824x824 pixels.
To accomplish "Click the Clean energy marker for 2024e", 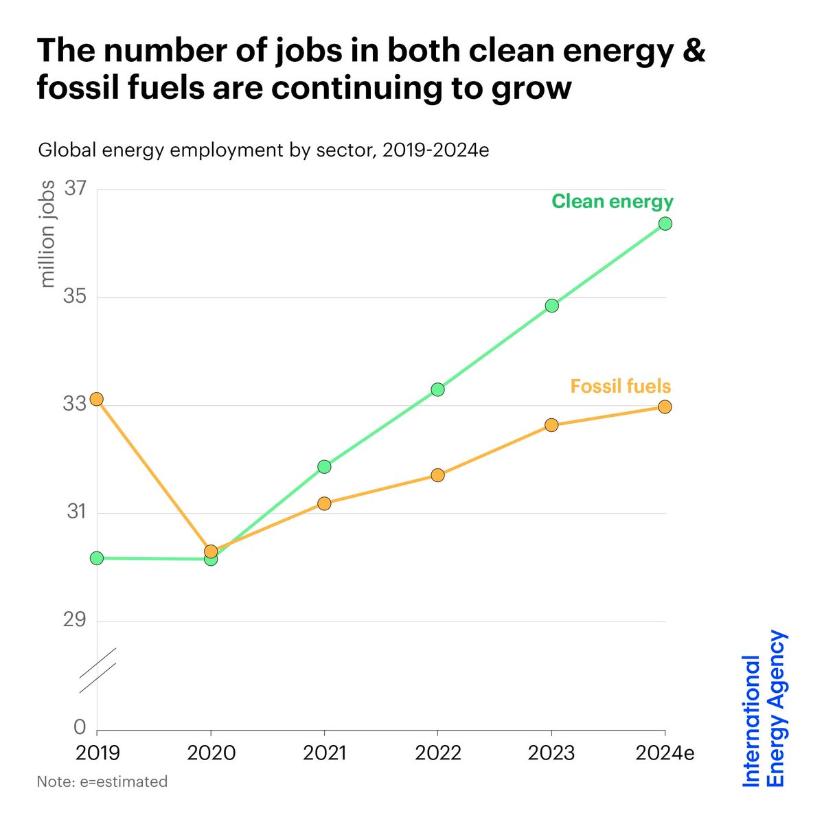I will point(665,223).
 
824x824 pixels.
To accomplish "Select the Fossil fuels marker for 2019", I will point(97,399).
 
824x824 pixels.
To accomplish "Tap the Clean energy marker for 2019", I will point(97,558).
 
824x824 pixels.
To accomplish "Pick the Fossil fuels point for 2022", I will point(437,475).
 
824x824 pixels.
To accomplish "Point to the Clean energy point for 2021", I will point(324,467).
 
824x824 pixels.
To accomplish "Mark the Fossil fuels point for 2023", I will point(551,425).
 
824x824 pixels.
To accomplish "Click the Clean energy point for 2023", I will point(551,306).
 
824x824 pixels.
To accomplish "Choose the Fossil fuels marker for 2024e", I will point(665,407).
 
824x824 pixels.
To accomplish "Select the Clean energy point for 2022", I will point(437,389).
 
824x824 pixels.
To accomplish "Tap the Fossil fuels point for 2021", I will point(324,503).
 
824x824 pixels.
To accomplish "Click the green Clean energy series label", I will point(613,201).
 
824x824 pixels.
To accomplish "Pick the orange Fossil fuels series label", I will point(620,386).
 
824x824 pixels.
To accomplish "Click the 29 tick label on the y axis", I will point(74,620).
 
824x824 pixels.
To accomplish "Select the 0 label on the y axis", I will point(80,728).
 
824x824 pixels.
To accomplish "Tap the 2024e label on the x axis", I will point(665,753).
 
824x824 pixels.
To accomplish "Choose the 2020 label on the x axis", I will point(210,753).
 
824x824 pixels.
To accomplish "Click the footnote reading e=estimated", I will point(102,781).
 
